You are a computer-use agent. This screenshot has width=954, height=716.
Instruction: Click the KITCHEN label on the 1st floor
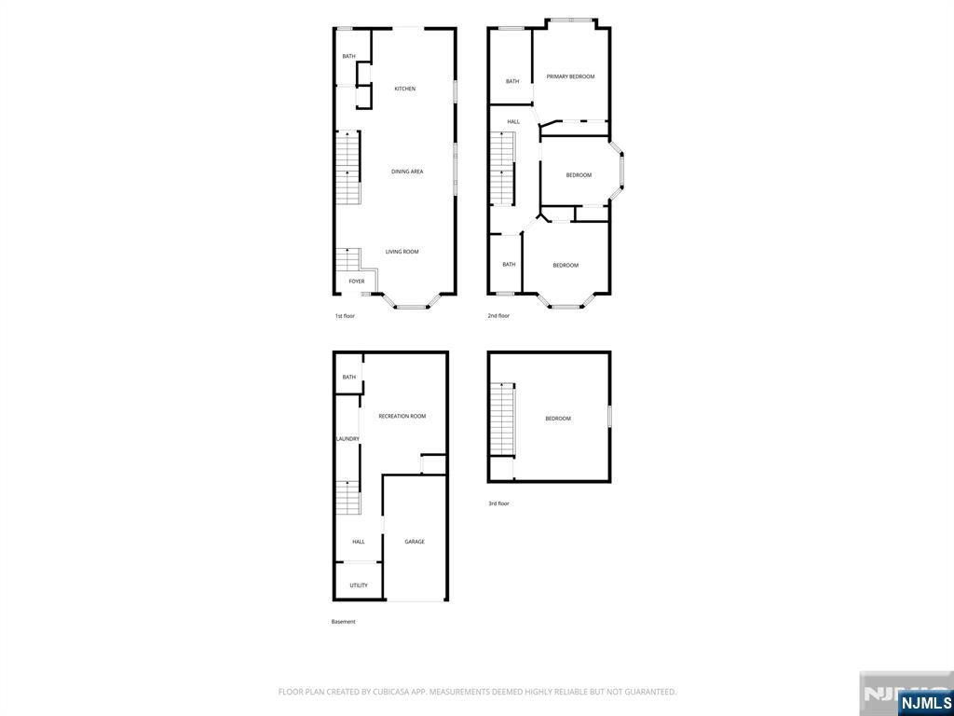404,89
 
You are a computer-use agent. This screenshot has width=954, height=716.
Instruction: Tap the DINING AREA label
407,172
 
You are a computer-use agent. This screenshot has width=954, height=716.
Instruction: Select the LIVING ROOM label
402,252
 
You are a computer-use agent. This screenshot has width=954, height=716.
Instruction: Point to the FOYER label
357,282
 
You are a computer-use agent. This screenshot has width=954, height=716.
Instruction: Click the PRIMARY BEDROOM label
570,76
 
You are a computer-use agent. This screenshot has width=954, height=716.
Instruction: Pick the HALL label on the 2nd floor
513,122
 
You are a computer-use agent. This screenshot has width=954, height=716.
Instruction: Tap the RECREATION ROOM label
402,416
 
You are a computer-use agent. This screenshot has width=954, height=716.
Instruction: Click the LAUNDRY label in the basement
348,439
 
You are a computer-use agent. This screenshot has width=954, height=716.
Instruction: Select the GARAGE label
415,542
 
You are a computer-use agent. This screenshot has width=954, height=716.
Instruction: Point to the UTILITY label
359,585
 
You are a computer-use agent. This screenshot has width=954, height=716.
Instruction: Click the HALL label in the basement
359,542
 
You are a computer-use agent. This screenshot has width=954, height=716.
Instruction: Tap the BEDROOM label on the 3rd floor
558,419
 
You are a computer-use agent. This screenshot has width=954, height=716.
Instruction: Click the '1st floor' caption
345,316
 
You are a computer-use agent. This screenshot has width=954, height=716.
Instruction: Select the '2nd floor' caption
498,316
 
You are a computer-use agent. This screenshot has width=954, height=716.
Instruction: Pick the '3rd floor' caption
498,503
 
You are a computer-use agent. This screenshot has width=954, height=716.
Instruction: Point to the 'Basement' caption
344,622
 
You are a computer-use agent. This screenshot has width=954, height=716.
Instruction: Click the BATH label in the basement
349,378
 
